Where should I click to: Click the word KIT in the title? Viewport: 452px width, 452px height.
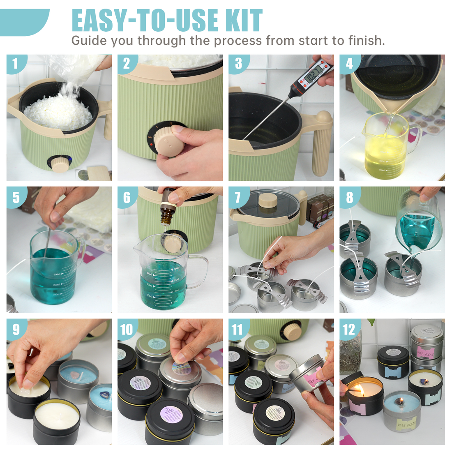pos(244,21)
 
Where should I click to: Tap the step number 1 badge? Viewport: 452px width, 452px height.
pos(15,63)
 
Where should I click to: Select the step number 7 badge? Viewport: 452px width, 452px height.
pos(238,197)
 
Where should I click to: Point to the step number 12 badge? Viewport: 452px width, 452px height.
pos(349,329)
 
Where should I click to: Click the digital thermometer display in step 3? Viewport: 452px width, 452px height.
pos(315,75)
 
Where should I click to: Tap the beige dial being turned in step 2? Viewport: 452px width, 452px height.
pos(168,140)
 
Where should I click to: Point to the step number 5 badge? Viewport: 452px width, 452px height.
pos(16,197)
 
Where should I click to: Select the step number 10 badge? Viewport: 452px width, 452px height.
pos(127,329)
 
